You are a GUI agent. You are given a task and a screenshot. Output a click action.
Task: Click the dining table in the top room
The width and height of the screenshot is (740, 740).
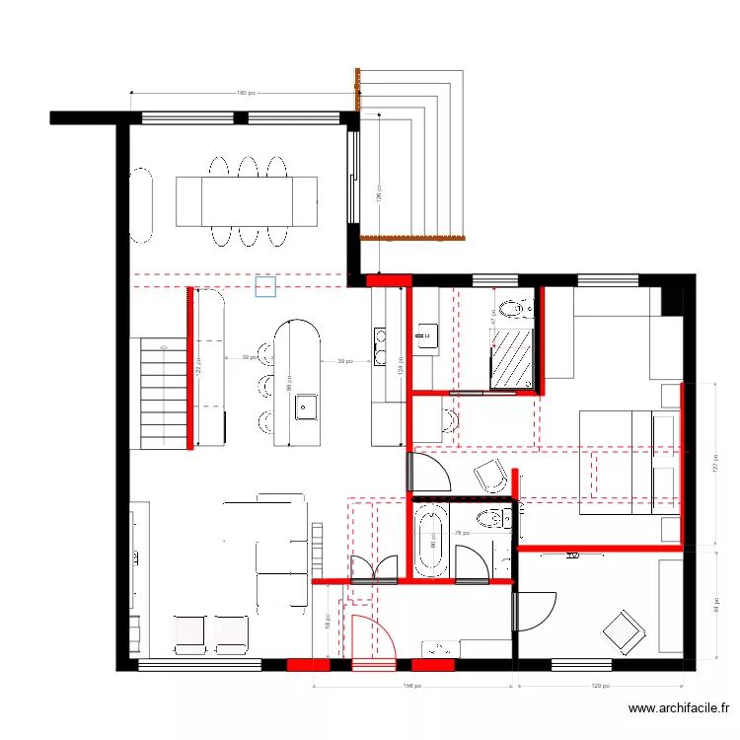pyautogui.click(x=247, y=201)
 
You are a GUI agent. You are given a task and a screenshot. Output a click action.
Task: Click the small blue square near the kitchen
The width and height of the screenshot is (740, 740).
pyautogui.click(x=264, y=286)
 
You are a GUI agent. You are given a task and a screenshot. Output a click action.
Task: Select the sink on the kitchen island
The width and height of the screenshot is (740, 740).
pyautogui.click(x=305, y=406)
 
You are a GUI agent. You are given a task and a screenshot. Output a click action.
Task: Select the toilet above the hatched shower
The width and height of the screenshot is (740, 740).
pyautogui.click(x=514, y=311)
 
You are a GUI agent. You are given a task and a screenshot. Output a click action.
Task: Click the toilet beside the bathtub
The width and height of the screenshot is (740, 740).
pyautogui.click(x=490, y=519)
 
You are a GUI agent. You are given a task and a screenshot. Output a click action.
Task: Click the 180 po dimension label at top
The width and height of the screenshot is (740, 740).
pyautogui.click(x=242, y=94)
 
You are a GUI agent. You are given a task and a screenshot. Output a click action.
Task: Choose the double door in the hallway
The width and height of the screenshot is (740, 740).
pyautogui.click(x=374, y=569)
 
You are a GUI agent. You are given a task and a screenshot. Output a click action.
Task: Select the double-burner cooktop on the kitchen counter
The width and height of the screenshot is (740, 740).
pyautogui.click(x=380, y=340)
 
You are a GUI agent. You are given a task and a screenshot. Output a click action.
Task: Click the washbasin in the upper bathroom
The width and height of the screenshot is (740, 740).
pyautogui.click(x=426, y=333)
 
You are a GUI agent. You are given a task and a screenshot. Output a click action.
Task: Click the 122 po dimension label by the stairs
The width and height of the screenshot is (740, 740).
pyautogui.click(x=198, y=365)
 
